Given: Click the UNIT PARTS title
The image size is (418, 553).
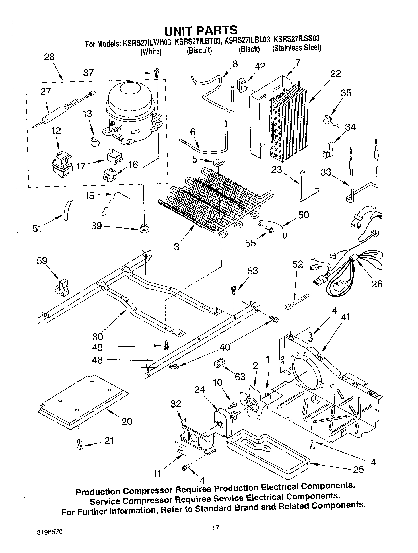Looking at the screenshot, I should click(201, 30).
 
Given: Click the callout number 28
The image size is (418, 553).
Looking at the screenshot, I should click(49, 57).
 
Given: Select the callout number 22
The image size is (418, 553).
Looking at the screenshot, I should click(336, 73).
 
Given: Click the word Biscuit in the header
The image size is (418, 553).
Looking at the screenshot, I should click(199, 51).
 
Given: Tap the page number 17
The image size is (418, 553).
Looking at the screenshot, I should click(215, 528).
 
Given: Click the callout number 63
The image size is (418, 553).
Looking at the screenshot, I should click(240, 377).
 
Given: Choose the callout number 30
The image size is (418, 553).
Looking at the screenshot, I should click(97, 337).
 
